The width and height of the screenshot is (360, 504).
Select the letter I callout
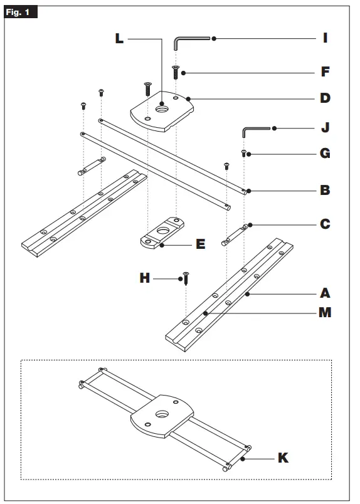[x=325, y=39]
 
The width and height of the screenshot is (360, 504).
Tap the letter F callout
[x=325, y=72]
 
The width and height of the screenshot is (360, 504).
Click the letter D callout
[x=325, y=98]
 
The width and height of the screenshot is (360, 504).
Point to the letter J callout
[x=325, y=129]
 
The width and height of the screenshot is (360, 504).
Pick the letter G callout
[x=325, y=154]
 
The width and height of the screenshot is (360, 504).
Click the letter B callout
[x=325, y=190]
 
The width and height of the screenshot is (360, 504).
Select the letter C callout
[x=325, y=224]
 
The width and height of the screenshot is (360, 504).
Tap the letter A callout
[x=325, y=293]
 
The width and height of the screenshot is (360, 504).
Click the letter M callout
[x=325, y=312]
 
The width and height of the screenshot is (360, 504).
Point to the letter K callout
[x=283, y=458]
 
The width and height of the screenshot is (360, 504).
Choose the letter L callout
[x=119, y=39]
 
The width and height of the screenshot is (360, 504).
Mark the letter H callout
[x=145, y=278]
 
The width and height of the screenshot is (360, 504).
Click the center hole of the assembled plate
[x=162, y=414]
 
